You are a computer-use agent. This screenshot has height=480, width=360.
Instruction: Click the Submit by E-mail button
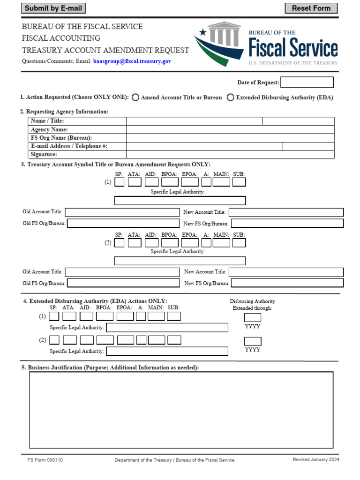click(53, 8)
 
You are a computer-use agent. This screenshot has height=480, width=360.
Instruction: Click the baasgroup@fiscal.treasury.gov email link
click(132, 61)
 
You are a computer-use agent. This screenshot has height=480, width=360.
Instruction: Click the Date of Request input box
click(307, 82)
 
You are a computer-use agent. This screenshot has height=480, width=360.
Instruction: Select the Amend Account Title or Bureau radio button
click(135, 97)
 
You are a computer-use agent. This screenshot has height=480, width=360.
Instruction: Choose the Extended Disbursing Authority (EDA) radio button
click(231, 97)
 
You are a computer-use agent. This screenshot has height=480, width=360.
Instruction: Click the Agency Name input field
click(230, 129)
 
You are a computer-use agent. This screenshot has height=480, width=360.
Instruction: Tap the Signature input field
click(230, 155)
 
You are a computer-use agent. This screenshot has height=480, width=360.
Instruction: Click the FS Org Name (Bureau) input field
click(230, 138)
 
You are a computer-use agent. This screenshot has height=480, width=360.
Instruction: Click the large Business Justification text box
click(181, 409)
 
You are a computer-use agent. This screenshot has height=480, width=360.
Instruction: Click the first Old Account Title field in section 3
click(122, 212)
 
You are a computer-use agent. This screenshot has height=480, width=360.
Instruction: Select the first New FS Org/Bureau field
click(287, 224)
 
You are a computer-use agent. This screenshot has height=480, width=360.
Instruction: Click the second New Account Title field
click(286, 272)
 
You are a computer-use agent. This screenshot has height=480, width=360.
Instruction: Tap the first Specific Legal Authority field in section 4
click(167, 327)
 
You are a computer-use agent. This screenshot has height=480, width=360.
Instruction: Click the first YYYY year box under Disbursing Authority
click(253, 317)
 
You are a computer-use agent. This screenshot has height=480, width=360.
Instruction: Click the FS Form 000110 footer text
click(45, 460)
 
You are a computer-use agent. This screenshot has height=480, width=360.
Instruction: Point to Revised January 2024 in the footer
click(316, 460)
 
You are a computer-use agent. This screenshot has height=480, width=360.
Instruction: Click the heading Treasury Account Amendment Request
click(105, 50)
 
